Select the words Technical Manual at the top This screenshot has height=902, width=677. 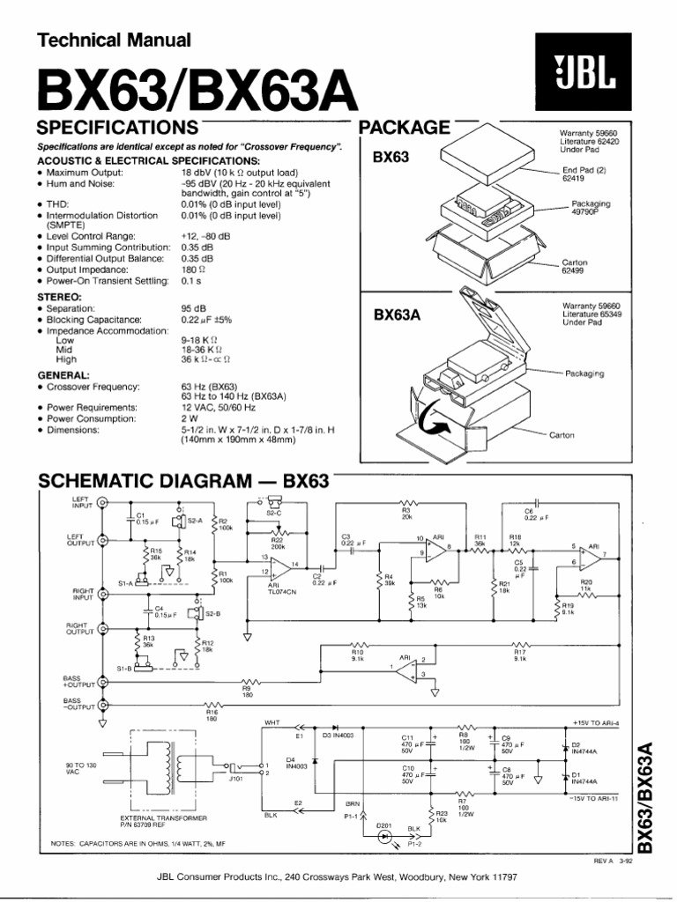113,40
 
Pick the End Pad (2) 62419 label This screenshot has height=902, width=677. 578,172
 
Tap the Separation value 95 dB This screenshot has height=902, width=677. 193,309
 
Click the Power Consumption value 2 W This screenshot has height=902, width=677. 188,418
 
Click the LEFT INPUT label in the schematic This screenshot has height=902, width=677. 81,501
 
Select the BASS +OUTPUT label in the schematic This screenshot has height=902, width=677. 79,680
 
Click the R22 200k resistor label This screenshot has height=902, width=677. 277,543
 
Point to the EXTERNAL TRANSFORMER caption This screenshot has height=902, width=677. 155,818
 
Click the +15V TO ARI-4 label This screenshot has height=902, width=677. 601,722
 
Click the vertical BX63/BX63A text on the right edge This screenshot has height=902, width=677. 647,797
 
